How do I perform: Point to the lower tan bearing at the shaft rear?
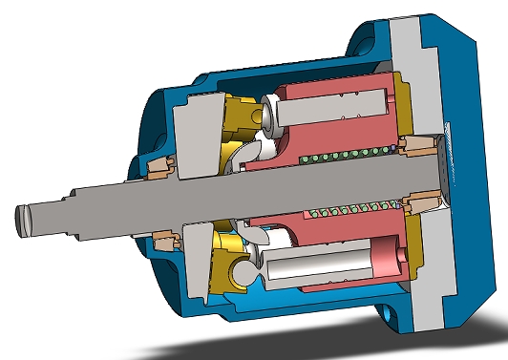[421, 202]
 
